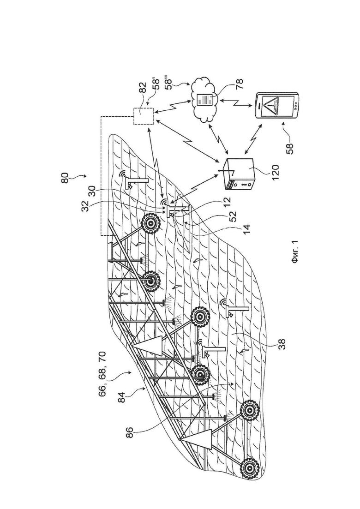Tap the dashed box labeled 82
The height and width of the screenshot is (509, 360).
[144, 115]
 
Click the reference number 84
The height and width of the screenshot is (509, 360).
[122, 397]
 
